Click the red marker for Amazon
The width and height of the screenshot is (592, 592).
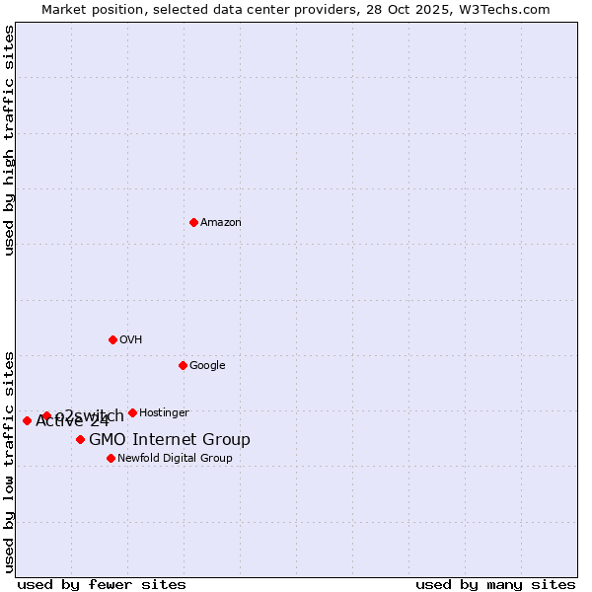193,222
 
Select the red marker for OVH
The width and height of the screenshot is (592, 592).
112,339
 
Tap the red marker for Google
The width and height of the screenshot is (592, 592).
183,365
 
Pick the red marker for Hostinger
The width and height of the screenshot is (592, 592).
132,412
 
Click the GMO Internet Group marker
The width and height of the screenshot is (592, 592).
80,439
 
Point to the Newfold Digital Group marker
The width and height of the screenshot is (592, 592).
111,458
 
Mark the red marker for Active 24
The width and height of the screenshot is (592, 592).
27,420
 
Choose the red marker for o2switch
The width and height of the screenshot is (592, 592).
46,415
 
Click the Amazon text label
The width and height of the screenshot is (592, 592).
221,223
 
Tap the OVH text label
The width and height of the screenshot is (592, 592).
131,340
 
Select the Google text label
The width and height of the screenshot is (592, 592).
207,366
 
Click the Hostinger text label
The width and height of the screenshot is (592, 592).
164,413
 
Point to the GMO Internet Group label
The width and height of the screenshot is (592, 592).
170,440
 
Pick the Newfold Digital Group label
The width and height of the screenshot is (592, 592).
175,459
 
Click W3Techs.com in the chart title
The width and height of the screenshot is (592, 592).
509,10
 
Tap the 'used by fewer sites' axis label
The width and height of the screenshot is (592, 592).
102,584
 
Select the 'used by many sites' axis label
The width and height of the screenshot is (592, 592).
495,584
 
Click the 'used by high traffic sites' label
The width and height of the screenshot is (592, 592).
9,140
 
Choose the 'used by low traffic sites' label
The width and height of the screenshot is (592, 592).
9,461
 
